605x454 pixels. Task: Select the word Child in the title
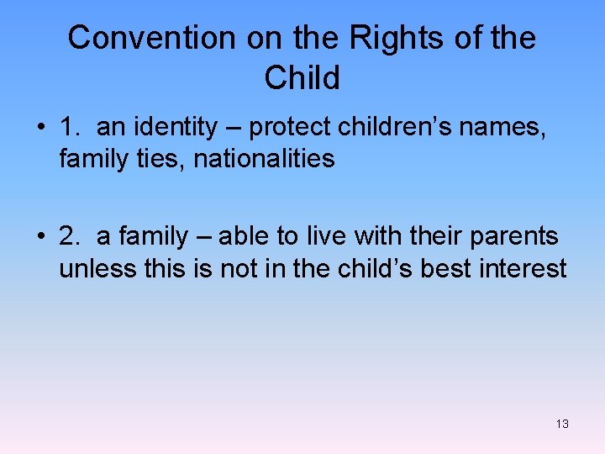[302, 78]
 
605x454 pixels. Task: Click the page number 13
[562, 424]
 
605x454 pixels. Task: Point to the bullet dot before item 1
[40, 128]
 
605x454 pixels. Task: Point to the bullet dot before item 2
[40, 237]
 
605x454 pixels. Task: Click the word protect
[290, 128]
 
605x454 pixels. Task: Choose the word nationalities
[265, 158]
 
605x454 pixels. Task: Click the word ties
[166, 158]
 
